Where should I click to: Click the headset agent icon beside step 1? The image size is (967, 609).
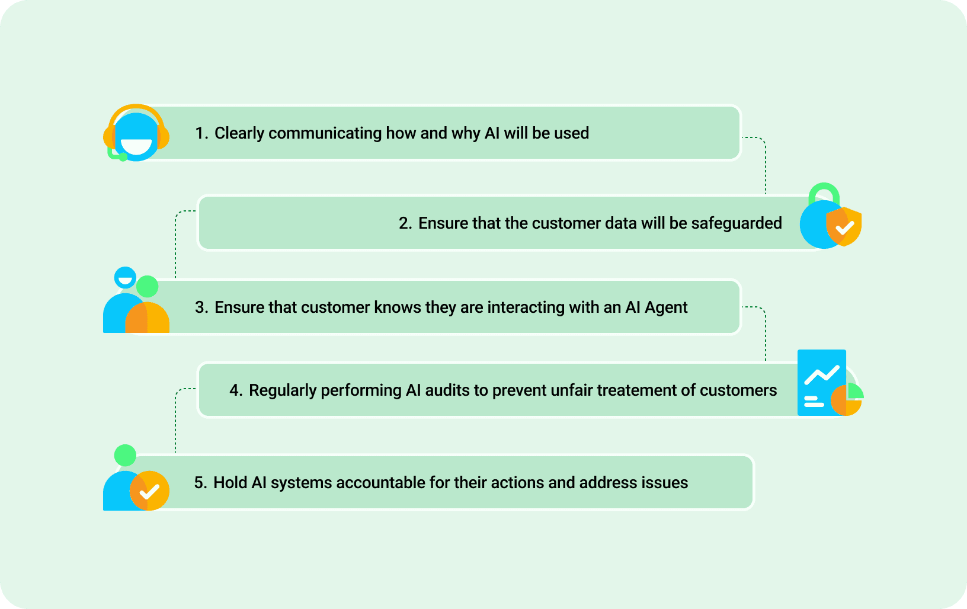point(136,133)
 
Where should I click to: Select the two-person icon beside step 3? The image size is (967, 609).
point(136,300)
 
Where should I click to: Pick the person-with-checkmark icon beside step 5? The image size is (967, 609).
point(136,477)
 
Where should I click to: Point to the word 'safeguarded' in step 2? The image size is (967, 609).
point(737,223)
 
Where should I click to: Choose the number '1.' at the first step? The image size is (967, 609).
point(201,133)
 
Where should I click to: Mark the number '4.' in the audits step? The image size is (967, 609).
point(236,390)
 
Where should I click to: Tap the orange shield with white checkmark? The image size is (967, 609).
point(844,226)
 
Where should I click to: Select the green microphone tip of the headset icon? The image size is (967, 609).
point(123,158)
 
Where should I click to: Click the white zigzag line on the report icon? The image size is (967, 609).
point(822,374)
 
